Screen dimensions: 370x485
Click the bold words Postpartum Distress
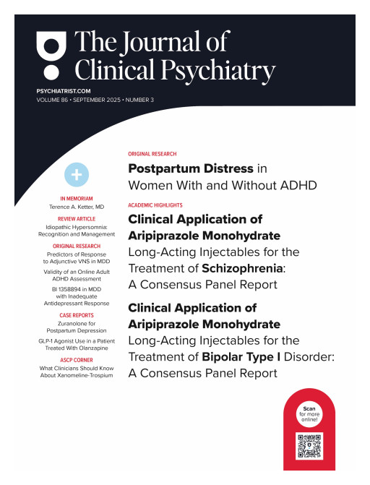coord(191,169)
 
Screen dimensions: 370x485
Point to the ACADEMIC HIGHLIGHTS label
coord(155,205)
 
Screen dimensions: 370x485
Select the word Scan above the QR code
coord(309,409)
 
